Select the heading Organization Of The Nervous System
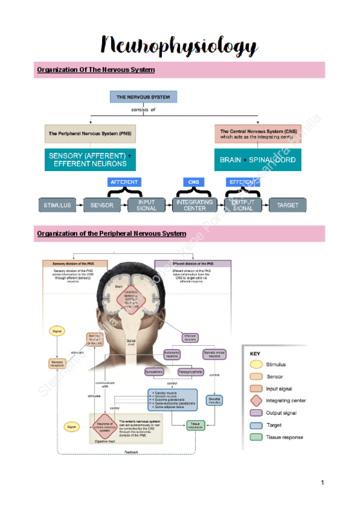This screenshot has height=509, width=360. tap(96, 70)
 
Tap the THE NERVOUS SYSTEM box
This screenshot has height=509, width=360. tap(143, 97)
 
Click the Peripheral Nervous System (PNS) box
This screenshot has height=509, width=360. tap(90, 133)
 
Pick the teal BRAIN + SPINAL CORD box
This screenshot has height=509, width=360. tap(258, 160)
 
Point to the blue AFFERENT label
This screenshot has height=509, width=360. tap(125, 182)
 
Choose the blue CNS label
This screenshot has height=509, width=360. tap(193, 182)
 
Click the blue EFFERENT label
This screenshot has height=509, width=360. tap(242, 182)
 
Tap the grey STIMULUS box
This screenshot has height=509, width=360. tap(57, 205)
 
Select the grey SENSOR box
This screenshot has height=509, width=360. tap(101, 205)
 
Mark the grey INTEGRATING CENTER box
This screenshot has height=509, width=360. tap(194, 205)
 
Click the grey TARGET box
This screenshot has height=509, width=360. tap(287, 205)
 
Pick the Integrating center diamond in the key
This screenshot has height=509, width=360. tap(256, 400)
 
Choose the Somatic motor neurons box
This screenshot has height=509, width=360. tap(214, 355)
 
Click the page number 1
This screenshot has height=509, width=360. tap(322, 483)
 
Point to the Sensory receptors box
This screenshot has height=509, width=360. tap(57, 363)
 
